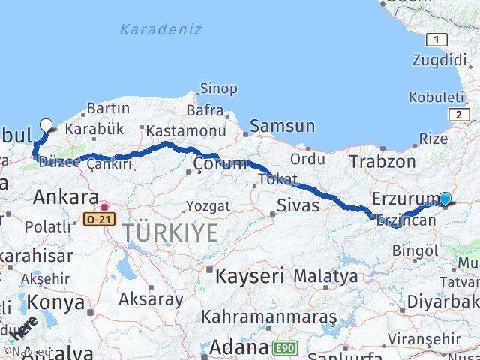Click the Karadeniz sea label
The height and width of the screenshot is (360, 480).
tap(160, 29)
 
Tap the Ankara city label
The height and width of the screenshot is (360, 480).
tap(65, 199)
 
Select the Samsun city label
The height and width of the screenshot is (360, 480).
tap(282, 127)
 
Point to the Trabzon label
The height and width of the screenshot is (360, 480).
tap(382, 161)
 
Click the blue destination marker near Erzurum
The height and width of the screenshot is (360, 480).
tap(445, 199)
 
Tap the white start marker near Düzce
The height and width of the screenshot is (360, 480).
tap(46, 125)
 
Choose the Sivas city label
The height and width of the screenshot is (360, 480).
tap(298, 205)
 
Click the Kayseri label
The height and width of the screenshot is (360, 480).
tap(249, 275)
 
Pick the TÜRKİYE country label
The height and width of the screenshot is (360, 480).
tap(171, 232)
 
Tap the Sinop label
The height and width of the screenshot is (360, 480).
tap(218, 88)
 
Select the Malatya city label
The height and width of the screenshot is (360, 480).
tap(325, 276)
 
